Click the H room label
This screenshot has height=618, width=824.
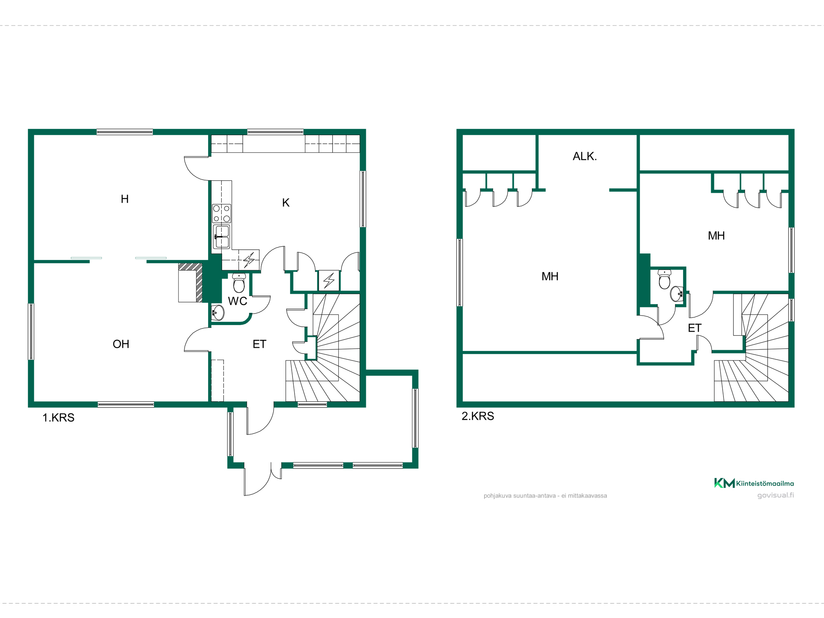pyautogui.click(x=125, y=199)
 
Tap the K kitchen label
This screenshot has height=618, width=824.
pyautogui.click(x=286, y=203)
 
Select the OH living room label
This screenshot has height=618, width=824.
pyautogui.click(x=121, y=344)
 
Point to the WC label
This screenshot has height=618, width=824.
pyautogui.click(x=238, y=301)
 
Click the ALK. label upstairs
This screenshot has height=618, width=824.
pyautogui.click(x=585, y=156)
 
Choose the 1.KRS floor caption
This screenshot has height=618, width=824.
pyautogui.click(x=59, y=417)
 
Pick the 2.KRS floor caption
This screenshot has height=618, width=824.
pyautogui.click(x=478, y=416)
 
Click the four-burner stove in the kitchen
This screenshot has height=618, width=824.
pyautogui.click(x=222, y=213)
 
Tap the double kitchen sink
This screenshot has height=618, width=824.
pyautogui.click(x=222, y=236)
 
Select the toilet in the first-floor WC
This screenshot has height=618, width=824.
pyautogui.click(x=239, y=283)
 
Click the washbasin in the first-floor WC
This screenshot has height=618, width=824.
pyautogui.click(x=218, y=313)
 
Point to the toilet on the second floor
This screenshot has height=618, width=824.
pyautogui.click(x=665, y=279)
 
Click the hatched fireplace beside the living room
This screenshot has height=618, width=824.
pyautogui.click(x=190, y=283)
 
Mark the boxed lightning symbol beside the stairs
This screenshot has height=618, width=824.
pyautogui.click(x=329, y=281)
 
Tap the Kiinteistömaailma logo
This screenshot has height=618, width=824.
pyautogui.click(x=754, y=483)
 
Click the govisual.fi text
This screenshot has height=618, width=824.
pyautogui.click(x=776, y=495)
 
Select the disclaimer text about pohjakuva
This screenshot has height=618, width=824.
pyautogui.click(x=545, y=496)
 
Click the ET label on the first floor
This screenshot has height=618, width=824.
pyautogui.click(x=260, y=344)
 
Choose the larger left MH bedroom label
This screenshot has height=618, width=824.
pyautogui.click(x=550, y=276)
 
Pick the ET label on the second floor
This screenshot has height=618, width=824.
pyautogui.click(x=695, y=328)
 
